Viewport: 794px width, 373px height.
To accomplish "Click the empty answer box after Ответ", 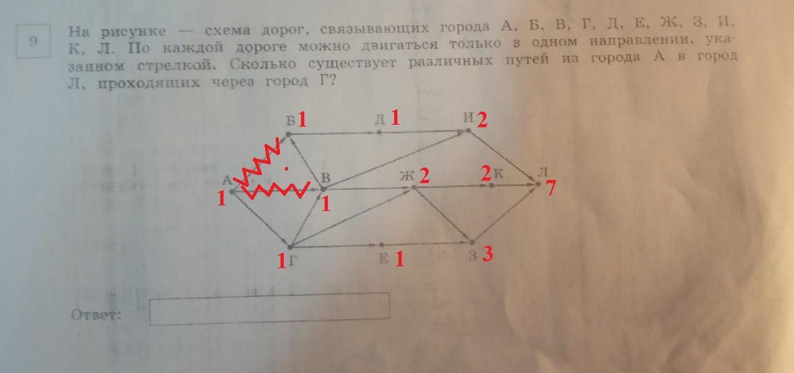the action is pyautogui.click(x=269, y=308).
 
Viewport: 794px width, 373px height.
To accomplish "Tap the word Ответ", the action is pyautogui.click(x=96, y=315).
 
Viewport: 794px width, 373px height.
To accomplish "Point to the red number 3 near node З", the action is pyautogui.click(x=487, y=254).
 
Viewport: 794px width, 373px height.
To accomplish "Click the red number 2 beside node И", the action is pyautogui.click(x=482, y=120).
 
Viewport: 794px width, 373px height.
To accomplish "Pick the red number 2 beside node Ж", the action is pyautogui.click(x=424, y=176).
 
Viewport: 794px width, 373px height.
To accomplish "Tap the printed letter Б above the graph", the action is pyautogui.click(x=290, y=120).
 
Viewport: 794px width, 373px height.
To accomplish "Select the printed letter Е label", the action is pyautogui.click(x=384, y=259).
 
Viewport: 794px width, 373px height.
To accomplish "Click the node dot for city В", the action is pyautogui.click(x=323, y=188).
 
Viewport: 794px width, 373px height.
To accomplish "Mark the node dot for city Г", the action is pyautogui.click(x=290, y=247).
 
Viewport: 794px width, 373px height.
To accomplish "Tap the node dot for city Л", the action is pyautogui.click(x=538, y=184).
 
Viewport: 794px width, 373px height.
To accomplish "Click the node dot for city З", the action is pyautogui.click(x=472, y=243).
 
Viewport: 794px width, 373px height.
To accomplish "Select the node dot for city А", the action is pyautogui.click(x=231, y=191).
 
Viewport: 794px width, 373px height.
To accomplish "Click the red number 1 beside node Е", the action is pyautogui.click(x=399, y=258).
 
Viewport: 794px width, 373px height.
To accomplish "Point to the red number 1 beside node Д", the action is pyautogui.click(x=395, y=118).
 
